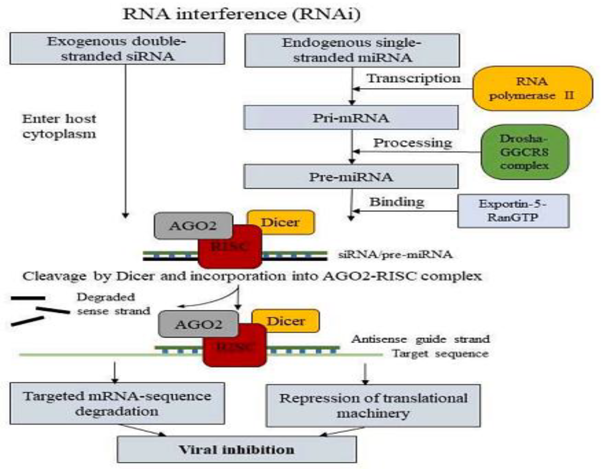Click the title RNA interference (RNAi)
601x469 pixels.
[x=241, y=14]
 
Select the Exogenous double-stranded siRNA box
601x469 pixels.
[x=117, y=49]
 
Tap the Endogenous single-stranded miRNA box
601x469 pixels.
[x=352, y=50]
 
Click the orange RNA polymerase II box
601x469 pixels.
[x=532, y=88]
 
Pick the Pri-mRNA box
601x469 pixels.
[x=351, y=118]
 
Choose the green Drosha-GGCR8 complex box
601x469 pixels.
[x=525, y=152]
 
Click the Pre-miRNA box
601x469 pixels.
[x=351, y=177]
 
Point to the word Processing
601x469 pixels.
[x=412, y=143]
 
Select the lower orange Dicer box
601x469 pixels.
[x=286, y=321]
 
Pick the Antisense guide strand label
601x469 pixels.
[x=420, y=339]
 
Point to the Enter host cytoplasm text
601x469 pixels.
[x=59, y=126]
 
